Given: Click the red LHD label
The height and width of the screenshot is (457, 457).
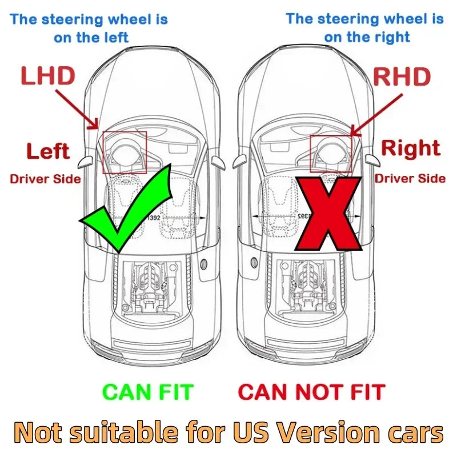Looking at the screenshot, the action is (48, 75).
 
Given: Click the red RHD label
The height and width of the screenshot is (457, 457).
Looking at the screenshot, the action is (402, 77).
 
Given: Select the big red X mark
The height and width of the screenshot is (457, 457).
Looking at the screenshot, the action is (328, 213).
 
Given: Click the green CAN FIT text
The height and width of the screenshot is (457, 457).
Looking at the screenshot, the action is (148, 392).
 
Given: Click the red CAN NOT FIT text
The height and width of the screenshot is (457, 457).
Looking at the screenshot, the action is (312, 392).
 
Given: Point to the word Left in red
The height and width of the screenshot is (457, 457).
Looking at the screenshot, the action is (48, 151).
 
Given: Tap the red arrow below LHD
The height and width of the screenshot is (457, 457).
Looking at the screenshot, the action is (77, 110).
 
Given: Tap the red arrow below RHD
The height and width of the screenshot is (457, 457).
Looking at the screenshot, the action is (376, 115).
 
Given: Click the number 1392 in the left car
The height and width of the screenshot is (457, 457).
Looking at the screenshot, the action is (154, 218).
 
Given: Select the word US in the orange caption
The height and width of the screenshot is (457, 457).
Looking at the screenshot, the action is (251, 432).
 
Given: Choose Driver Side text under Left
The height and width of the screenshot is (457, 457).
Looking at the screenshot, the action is (45, 179).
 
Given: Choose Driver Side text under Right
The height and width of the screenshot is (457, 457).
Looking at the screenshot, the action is (410, 178).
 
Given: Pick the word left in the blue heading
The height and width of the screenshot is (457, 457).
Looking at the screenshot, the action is (117, 37).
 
